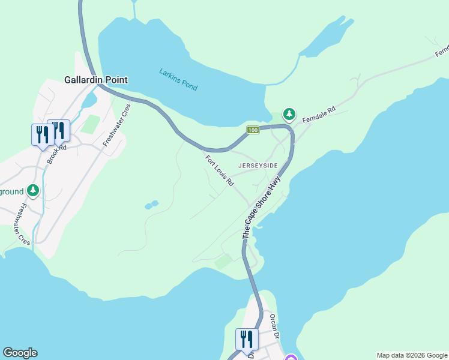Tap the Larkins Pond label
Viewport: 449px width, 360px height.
click(x=178, y=79)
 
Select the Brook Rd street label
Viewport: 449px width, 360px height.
click(x=56, y=152)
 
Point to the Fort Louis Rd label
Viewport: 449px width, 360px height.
click(x=219, y=171)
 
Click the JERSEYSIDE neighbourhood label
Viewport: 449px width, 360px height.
click(x=258, y=165)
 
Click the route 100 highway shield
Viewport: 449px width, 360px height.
click(x=253, y=130)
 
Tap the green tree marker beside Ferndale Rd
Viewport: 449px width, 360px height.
click(x=289, y=114)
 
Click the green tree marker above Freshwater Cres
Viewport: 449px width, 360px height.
click(x=33, y=191)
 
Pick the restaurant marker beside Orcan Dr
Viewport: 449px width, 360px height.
click(x=247, y=339)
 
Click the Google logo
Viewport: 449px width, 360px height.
click(x=20, y=353)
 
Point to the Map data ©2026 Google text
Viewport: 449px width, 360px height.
click(x=412, y=355)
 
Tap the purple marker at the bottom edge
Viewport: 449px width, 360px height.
click(x=291, y=358)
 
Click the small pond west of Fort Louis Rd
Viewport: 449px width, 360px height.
click(x=151, y=205)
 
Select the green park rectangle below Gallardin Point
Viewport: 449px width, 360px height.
click(x=90, y=124)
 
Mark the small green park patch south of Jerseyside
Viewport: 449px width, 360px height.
click(x=224, y=262)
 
